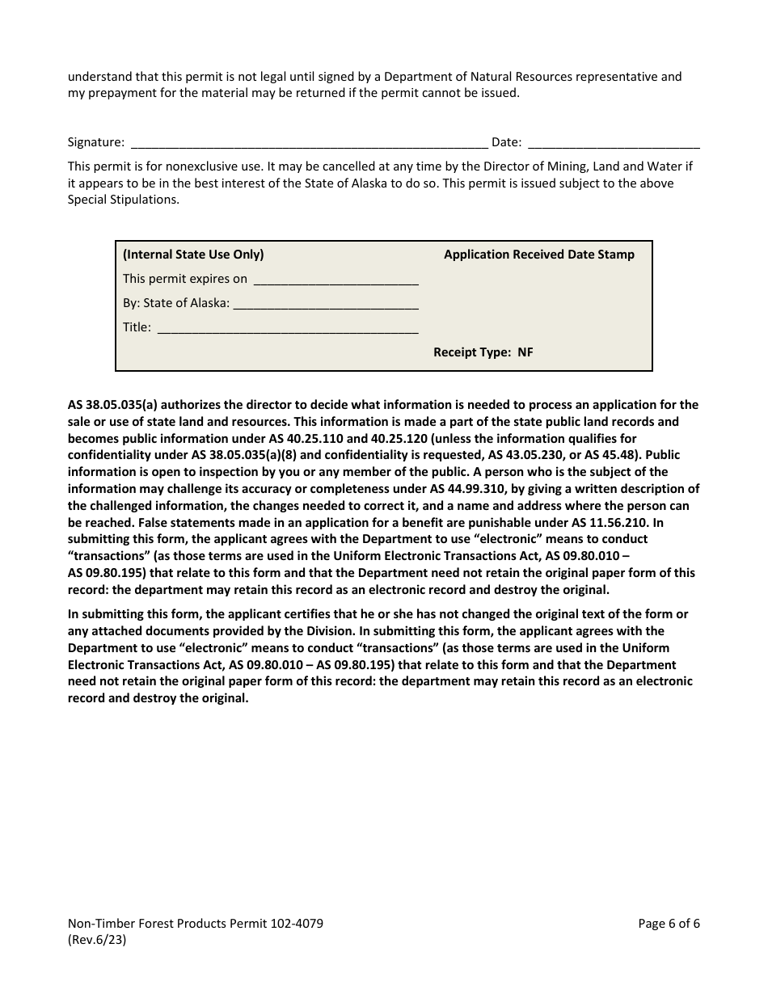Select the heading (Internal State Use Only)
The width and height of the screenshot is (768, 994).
(x=193, y=255)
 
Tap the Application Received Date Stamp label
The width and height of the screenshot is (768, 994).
(x=539, y=255)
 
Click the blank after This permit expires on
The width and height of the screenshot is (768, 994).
(x=335, y=280)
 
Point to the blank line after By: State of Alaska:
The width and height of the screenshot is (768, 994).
(x=325, y=304)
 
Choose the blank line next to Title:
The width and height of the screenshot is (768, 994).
(x=287, y=328)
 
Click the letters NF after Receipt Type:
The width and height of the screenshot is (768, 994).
(x=525, y=352)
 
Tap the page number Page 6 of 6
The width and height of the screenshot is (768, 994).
(x=669, y=924)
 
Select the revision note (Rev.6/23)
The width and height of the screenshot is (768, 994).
(x=97, y=940)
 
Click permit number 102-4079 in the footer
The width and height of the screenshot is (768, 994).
(x=296, y=924)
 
